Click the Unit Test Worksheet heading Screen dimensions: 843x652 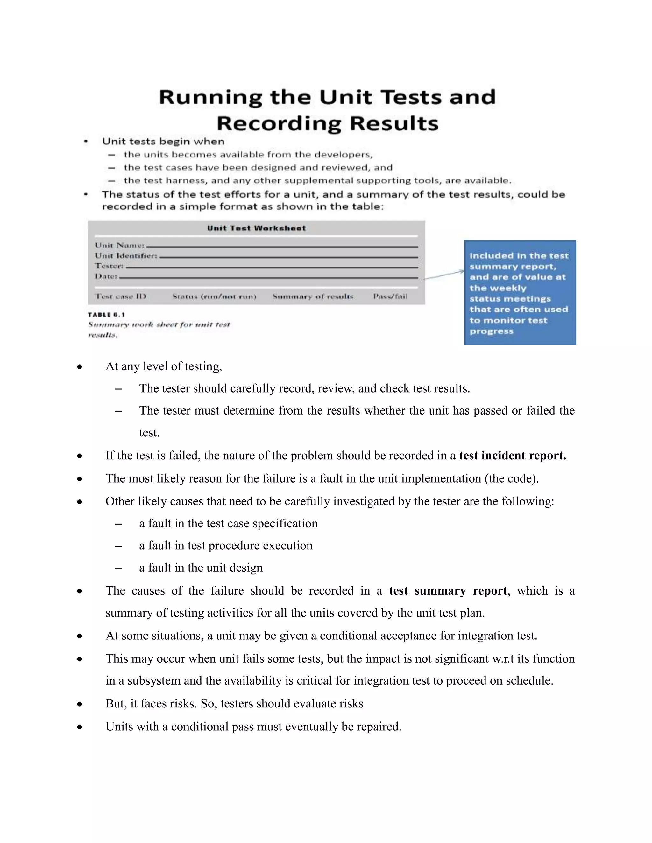point(256,228)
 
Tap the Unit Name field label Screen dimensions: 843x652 point(120,245)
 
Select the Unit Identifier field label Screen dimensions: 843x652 point(126,255)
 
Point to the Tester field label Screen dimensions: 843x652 point(109,266)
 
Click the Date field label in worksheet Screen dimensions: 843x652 point(106,276)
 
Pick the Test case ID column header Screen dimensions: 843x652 point(121,296)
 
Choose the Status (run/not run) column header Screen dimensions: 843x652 point(214,296)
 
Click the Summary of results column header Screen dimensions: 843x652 point(313,296)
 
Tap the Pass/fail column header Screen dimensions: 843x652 point(390,296)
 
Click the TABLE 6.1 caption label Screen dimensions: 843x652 point(106,315)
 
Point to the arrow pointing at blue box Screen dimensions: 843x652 point(444,275)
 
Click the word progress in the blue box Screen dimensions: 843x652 point(491,331)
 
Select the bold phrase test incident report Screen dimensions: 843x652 point(512,456)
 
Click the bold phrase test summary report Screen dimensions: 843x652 point(448,590)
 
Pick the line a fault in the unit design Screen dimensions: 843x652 point(201,568)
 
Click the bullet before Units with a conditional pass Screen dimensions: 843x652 point(80,727)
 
